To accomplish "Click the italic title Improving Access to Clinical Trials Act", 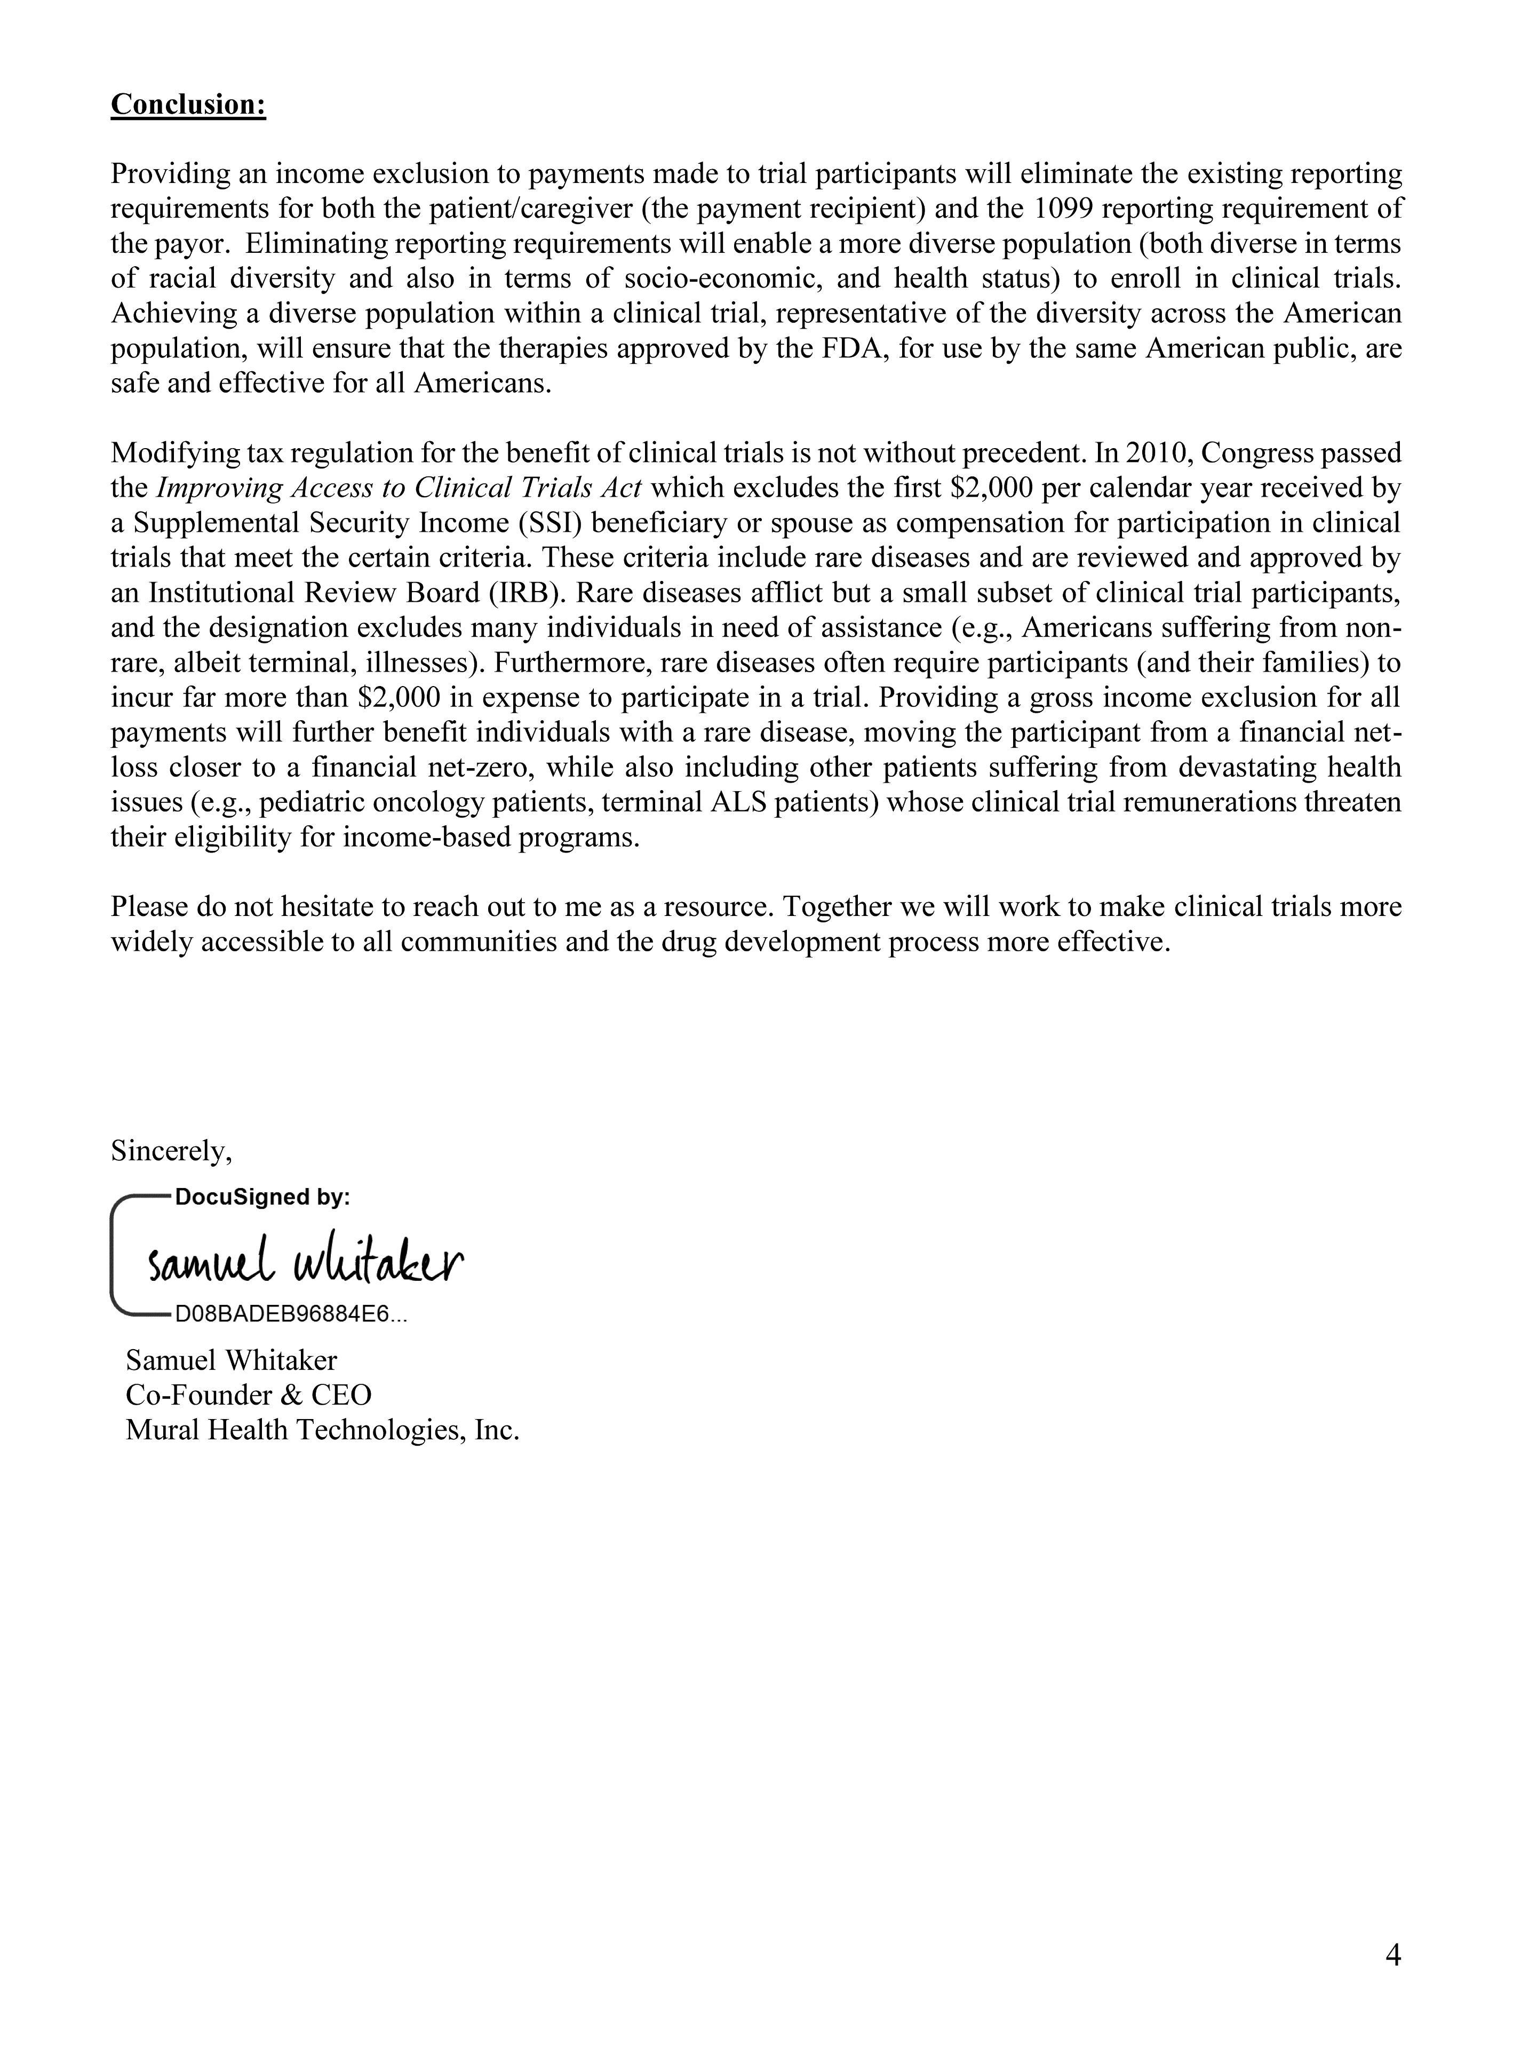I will tap(399, 488).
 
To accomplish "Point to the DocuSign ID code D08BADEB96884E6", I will tap(291, 1315).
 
